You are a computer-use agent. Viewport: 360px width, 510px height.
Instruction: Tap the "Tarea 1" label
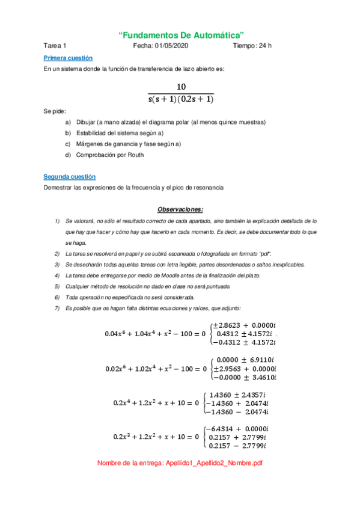click(x=55, y=46)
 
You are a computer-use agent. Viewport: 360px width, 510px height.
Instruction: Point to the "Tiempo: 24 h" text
click(x=252, y=46)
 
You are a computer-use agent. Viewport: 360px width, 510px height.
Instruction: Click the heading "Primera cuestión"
click(x=68, y=58)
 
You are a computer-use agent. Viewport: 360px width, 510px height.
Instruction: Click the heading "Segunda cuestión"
click(x=69, y=177)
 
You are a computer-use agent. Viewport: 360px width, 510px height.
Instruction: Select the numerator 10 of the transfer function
click(x=181, y=87)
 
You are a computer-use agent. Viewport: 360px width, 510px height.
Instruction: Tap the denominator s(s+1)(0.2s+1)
click(x=181, y=99)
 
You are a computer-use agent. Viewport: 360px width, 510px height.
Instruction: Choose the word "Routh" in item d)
click(x=135, y=155)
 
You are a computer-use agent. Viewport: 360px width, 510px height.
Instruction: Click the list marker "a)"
click(x=67, y=122)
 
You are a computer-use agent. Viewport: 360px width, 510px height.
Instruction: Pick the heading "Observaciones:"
click(x=180, y=209)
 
